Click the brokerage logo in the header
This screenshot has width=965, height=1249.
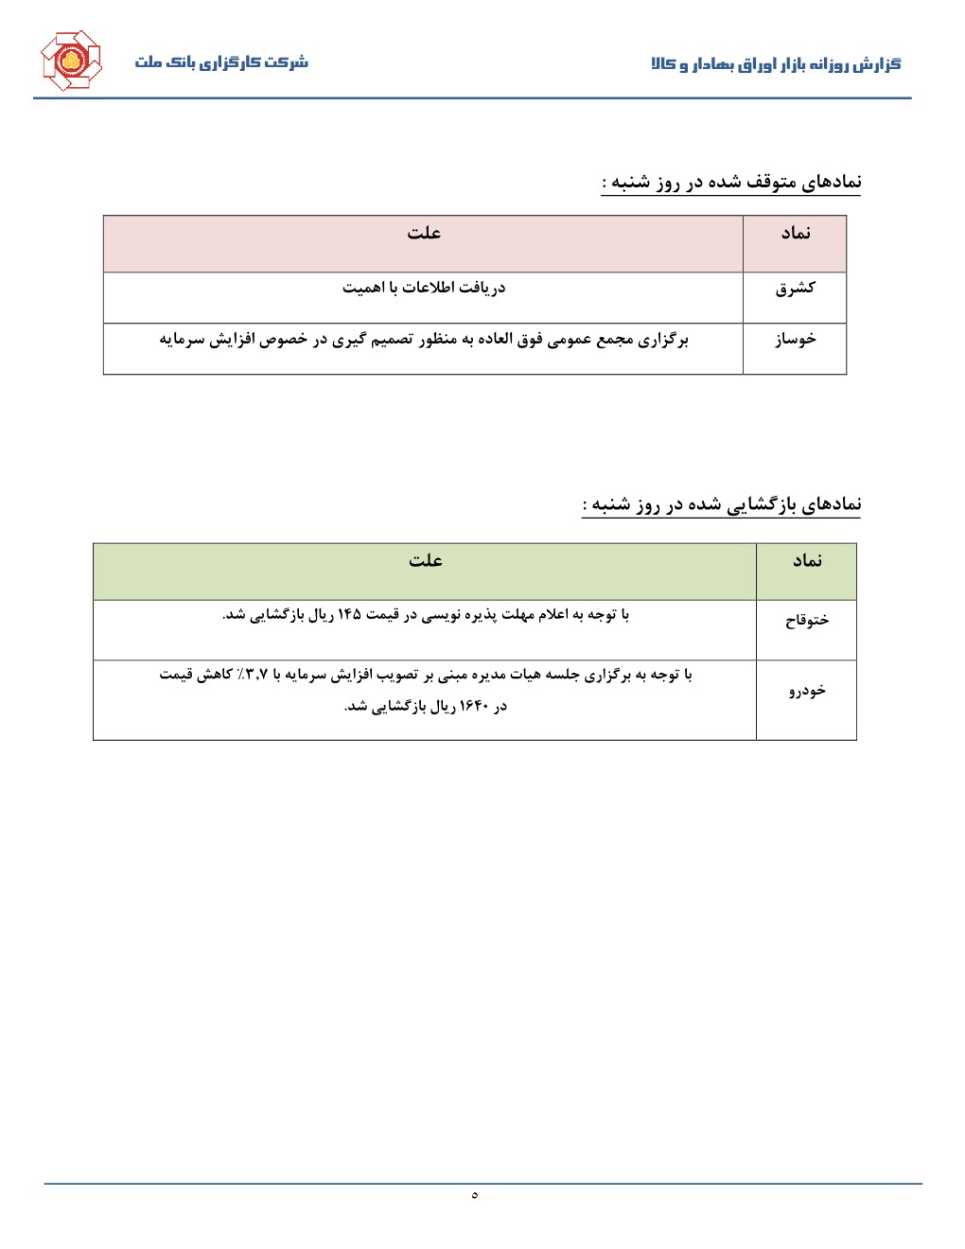pos(70,62)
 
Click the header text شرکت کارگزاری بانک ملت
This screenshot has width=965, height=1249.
pos(221,62)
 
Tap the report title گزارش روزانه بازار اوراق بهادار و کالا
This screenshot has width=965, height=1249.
pos(776,64)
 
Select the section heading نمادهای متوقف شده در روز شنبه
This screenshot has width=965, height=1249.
pos(731,182)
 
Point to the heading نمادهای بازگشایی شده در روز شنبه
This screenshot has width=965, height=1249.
pos(722,504)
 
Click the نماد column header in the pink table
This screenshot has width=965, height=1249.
pos(795,234)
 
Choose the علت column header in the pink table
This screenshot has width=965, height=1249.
pos(424,234)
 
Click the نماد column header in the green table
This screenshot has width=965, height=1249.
pos(807,561)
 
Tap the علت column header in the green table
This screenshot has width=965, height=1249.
pos(426,561)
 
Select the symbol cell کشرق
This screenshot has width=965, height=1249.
pos(795,288)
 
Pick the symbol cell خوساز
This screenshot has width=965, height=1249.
pos(795,339)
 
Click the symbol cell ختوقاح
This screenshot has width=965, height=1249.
pos(807,621)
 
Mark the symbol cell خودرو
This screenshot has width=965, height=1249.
pos(807,691)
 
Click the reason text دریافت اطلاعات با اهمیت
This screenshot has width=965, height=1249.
pos(424,288)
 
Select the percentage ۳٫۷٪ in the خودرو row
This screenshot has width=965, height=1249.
pos(254,675)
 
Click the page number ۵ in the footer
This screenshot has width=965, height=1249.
pos(474,1195)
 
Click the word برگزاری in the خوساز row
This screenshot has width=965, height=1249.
pos(664,339)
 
